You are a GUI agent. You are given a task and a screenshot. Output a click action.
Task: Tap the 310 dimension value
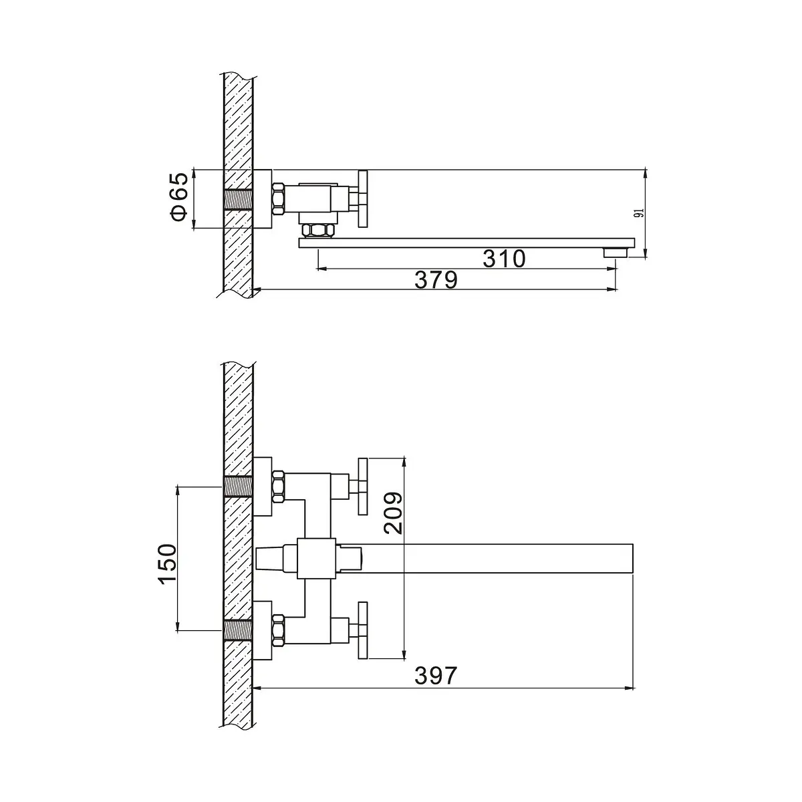[x=504, y=259]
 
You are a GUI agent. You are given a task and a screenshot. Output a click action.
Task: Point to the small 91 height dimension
[x=640, y=213]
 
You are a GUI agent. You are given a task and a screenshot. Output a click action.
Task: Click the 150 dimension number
[x=168, y=564]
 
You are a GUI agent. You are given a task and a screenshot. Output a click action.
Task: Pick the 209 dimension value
[x=393, y=513]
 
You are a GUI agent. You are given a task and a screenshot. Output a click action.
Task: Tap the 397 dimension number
[x=436, y=687]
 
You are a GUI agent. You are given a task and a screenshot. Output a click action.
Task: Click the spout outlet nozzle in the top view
[x=615, y=253]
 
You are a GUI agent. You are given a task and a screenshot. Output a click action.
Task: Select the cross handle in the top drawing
[x=362, y=199]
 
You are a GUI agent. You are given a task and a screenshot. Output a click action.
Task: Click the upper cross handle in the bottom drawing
[x=363, y=487]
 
